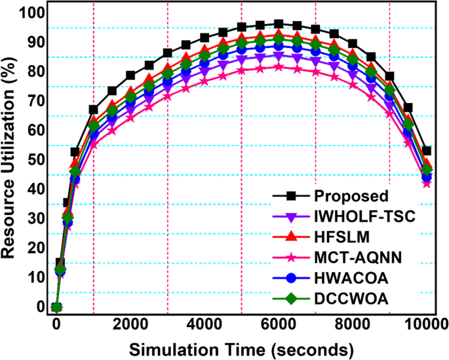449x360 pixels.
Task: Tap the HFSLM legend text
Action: pyautogui.click(x=339, y=235)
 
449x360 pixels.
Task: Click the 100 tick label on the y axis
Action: pyautogui.click(x=32, y=12)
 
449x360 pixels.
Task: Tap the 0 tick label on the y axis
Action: pyautogui.click(x=40, y=306)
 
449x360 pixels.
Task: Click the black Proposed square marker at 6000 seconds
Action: pyautogui.click(x=279, y=24)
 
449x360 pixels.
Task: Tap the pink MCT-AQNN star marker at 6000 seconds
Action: pyautogui.click(x=279, y=67)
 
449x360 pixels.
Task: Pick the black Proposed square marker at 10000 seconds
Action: pyautogui.click(x=427, y=151)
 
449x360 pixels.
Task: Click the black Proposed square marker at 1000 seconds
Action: pyautogui.click(x=93, y=110)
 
